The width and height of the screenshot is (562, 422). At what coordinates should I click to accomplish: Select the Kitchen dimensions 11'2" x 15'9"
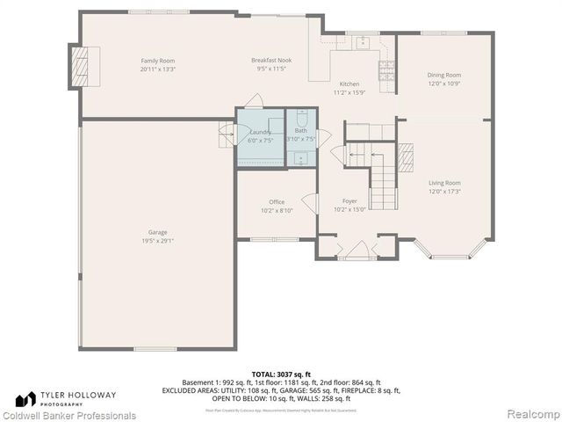[349, 92]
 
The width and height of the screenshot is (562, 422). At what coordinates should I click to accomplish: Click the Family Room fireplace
[79, 64]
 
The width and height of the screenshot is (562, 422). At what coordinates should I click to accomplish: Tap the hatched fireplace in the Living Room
[406, 158]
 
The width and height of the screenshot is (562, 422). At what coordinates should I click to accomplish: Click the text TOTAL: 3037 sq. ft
[280, 375]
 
